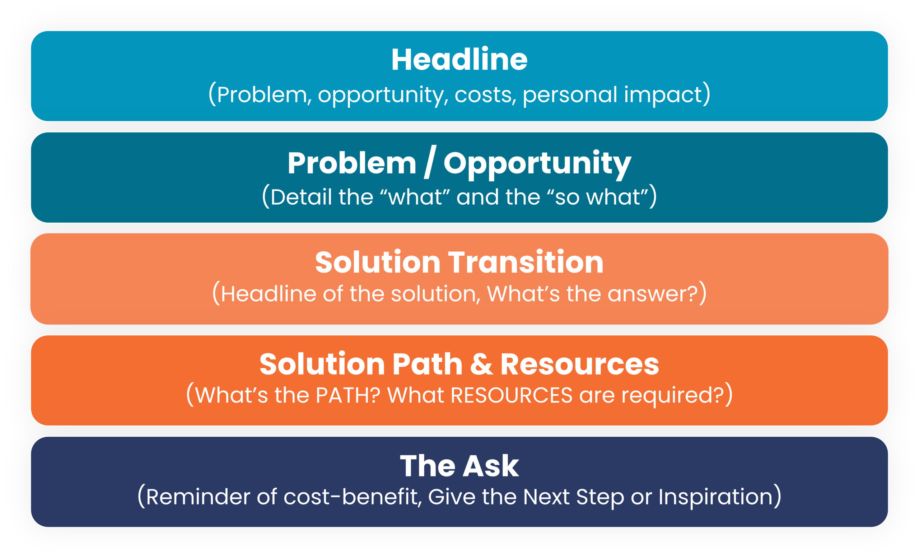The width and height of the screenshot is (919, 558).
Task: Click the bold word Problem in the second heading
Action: coord(352,164)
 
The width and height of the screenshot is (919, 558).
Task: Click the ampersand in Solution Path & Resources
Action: coord(481,364)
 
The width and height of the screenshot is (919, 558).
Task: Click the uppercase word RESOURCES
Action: coord(511,395)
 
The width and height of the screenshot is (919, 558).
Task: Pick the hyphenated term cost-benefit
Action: coord(350,497)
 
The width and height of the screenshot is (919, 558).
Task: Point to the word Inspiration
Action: coord(715,498)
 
